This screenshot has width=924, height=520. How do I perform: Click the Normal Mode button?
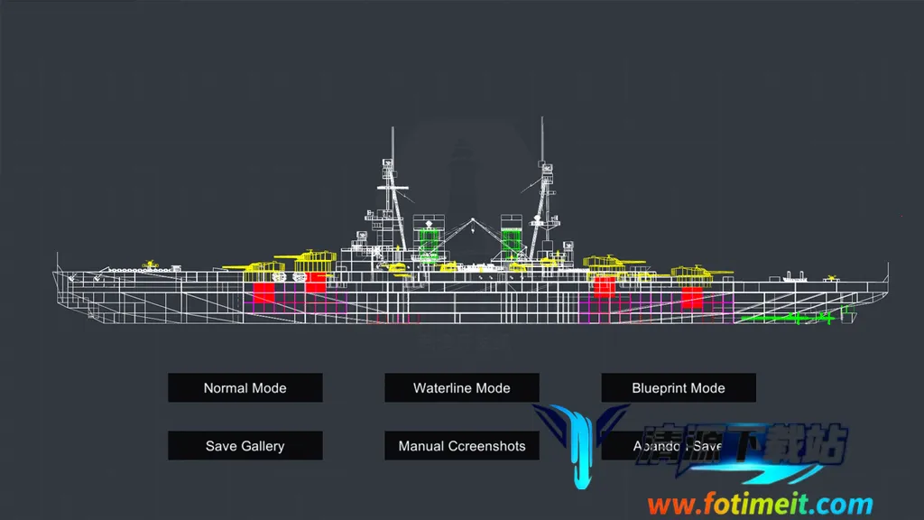point(245,388)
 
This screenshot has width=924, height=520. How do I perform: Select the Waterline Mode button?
point(461,388)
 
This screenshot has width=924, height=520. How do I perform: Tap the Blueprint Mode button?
point(678,388)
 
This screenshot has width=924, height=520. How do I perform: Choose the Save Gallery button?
point(245,446)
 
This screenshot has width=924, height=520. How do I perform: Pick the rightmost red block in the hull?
point(692,298)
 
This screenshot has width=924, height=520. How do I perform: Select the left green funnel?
point(428,241)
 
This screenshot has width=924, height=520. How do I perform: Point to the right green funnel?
point(511,241)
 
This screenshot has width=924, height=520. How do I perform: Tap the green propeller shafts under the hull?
point(785,318)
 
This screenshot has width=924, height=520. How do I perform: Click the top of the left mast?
point(393,132)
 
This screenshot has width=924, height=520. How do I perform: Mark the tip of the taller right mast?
point(543,119)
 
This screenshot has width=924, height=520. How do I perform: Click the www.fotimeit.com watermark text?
point(760,504)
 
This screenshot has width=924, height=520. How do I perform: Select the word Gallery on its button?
point(263,446)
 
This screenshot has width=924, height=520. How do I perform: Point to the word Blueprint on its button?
point(661,388)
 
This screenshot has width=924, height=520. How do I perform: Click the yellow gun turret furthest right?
point(698,271)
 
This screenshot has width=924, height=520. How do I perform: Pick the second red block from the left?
point(315,283)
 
